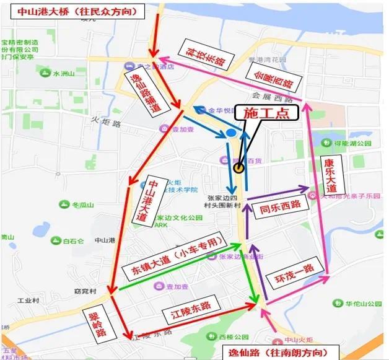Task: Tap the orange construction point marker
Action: click(x=238, y=167)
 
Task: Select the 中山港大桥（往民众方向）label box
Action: click(x=73, y=11)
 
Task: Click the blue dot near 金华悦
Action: click(x=231, y=133)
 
